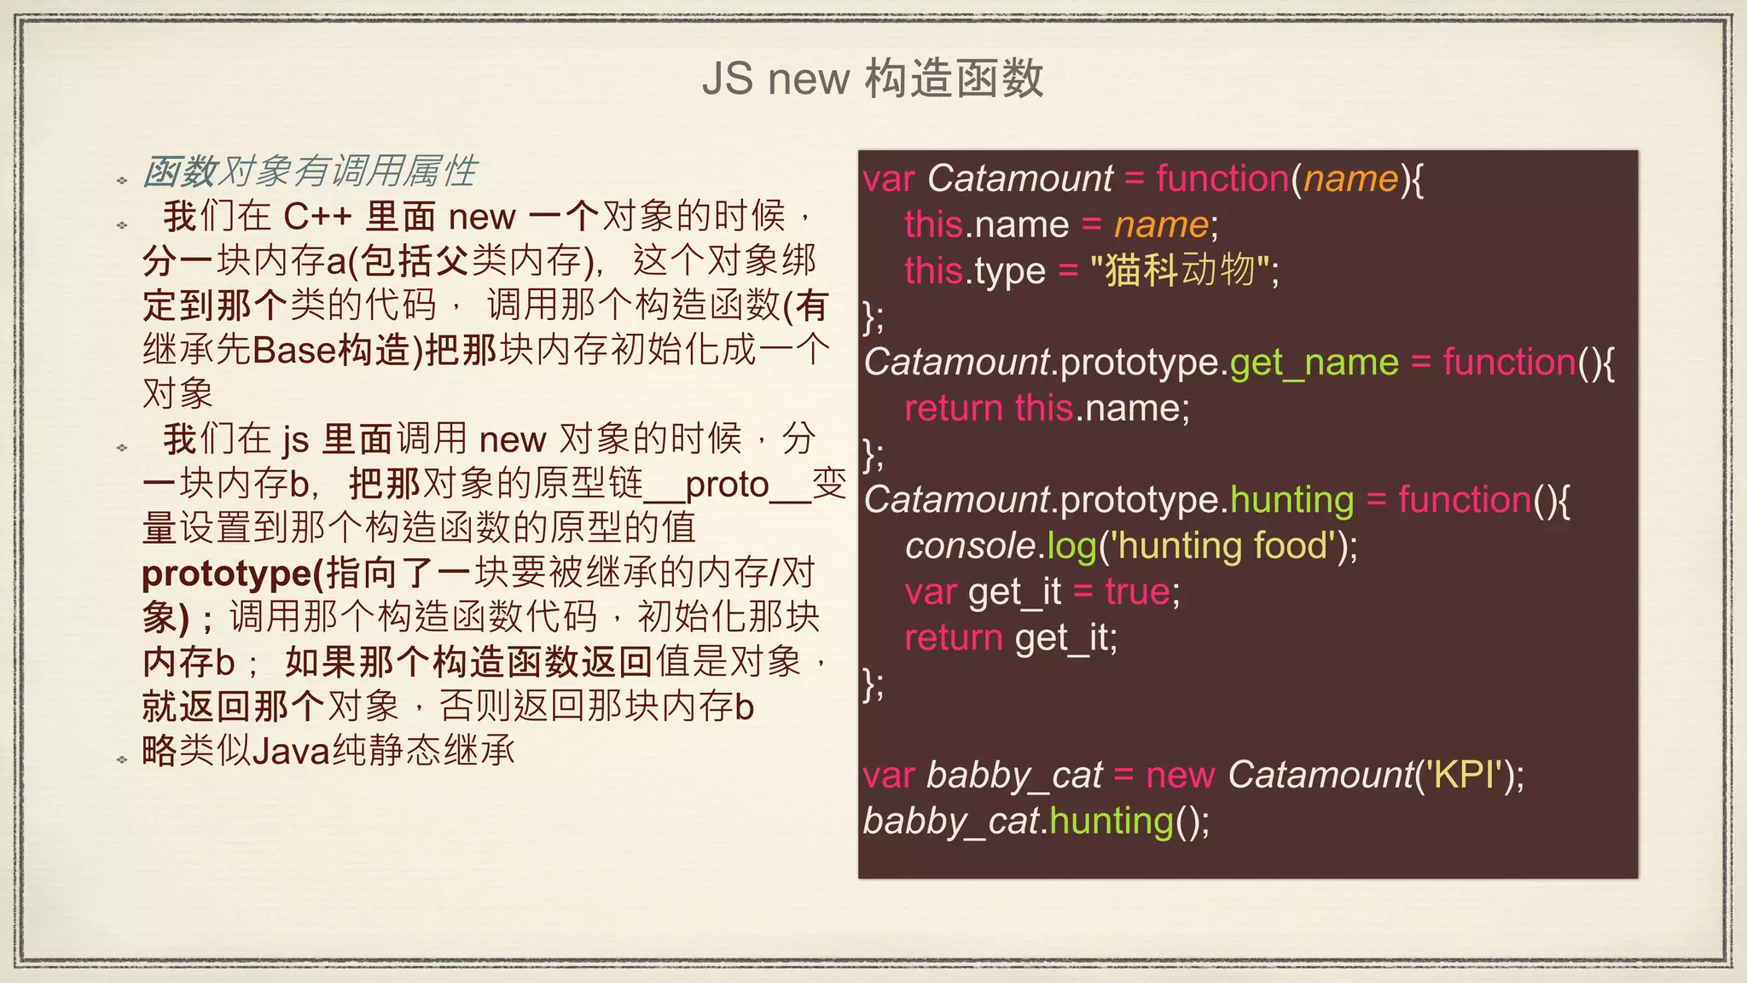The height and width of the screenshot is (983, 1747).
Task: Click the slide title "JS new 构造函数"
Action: point(873,79)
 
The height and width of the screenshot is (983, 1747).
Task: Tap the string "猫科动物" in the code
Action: point(1181,270)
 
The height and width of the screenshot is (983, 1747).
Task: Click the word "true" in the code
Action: point(1137,591)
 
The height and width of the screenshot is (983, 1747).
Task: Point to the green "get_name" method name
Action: point(1314,363)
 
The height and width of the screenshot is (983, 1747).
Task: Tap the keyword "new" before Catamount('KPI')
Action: point(1180,775)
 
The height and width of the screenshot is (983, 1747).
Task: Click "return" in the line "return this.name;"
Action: point(953,408)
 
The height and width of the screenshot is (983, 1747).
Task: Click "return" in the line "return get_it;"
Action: point(953,637)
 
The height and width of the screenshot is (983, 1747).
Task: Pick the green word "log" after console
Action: point(1071,546)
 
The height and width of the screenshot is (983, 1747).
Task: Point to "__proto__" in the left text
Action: point(727,485)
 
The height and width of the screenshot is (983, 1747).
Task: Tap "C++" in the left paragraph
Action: point(317,217)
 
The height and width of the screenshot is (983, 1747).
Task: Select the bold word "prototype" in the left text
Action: point(226,573)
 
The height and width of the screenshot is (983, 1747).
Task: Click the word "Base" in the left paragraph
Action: point(294,350)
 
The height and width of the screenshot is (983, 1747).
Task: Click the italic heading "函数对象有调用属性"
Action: point(310,172)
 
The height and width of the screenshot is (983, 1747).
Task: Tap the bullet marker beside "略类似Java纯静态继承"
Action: point(122,759)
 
